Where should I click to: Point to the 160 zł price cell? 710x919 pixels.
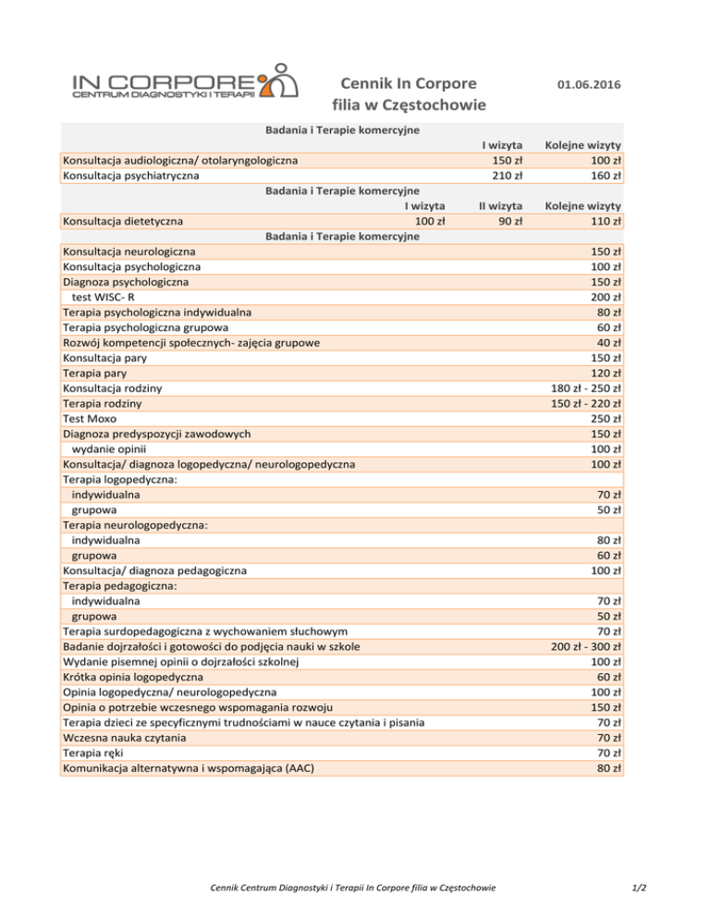[602, 175]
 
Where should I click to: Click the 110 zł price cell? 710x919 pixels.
[602, 221]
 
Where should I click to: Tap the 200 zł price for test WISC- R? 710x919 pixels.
[602, 297]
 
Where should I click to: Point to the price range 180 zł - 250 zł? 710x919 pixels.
[585, 388]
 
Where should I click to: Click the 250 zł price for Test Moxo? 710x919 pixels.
[602, 419]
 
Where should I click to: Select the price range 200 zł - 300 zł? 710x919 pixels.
[585, 646]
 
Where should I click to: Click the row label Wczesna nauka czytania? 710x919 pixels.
[124, 738]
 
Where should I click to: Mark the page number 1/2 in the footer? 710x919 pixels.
[637, 888]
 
